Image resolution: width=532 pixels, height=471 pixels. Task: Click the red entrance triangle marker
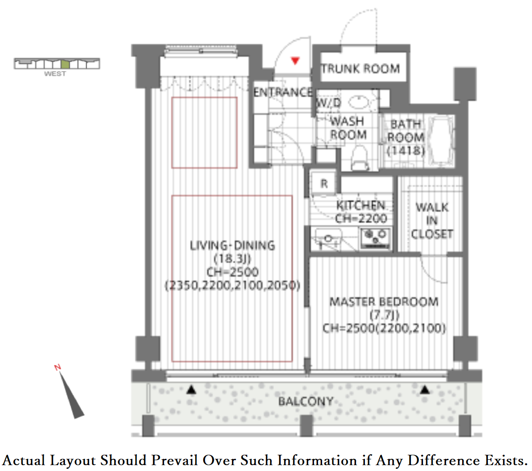click(x=295, y=61)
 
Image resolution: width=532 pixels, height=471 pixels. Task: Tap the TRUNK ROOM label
click(x=360, y=69)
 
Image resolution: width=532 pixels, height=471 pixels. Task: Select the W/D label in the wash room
click(x=328, y=102)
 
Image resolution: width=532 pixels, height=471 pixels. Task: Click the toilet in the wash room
click(x=359, y=158)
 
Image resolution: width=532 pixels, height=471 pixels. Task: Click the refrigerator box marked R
click(x=324, y=184)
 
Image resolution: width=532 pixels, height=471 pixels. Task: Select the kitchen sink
click(x=328, y=239)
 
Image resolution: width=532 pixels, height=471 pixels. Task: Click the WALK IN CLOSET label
click(x=432, y=220)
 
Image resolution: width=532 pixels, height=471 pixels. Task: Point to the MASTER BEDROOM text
click(x=384, y=302)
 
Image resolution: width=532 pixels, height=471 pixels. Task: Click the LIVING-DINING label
click(x=232, y=245)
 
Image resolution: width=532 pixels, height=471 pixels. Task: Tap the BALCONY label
click(x=306, y=402)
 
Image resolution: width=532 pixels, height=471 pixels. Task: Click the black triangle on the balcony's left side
click(x=191, y=389)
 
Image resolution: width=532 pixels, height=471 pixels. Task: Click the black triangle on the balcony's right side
click(x=425, y=389)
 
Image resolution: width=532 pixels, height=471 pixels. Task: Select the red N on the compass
click(x=57, y=367)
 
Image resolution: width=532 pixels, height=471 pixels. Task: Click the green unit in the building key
click(x=65, y=64)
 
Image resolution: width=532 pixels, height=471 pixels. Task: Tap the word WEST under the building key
click(x=55, y=73)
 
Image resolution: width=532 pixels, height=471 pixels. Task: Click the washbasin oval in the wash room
click(x=359, y=102)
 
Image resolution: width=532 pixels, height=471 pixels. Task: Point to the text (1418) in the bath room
click(x=406, y=151)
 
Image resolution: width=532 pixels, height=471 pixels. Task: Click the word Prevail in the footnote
click(x=174, y=461)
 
